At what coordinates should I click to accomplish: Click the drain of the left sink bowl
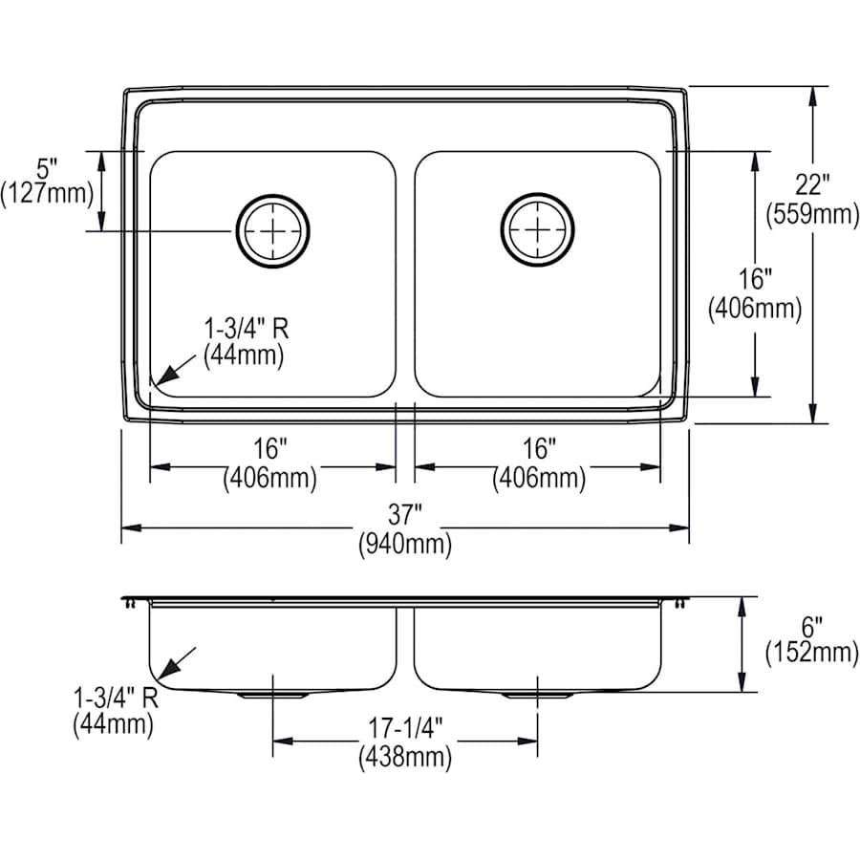coord(273,230)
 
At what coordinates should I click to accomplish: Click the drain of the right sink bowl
coord(538,230)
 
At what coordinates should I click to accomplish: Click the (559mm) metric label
coord(812,215)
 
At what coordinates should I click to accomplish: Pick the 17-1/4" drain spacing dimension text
coord(405,728)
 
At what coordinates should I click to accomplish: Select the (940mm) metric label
coord(405,547)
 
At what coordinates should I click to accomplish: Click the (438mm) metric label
coord(405,758)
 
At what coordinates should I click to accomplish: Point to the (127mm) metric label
coord(47,194)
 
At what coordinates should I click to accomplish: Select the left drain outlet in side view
coord(273,695)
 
